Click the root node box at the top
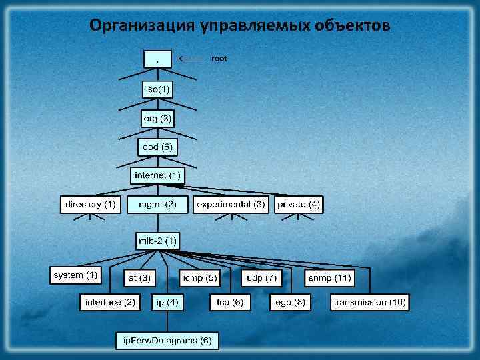coord(157,59)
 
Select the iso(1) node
coord(158,89)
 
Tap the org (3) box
coord(158,119)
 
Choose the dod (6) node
coord(158,147)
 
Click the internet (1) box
coord(157,175)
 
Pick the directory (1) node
coord(91,204)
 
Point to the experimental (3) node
coord(231,204)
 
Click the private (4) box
coord(299,204)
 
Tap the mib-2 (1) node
coord(157,240)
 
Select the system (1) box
coord(75,275)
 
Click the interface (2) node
coord(111,303)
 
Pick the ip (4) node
coord(167,303)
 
